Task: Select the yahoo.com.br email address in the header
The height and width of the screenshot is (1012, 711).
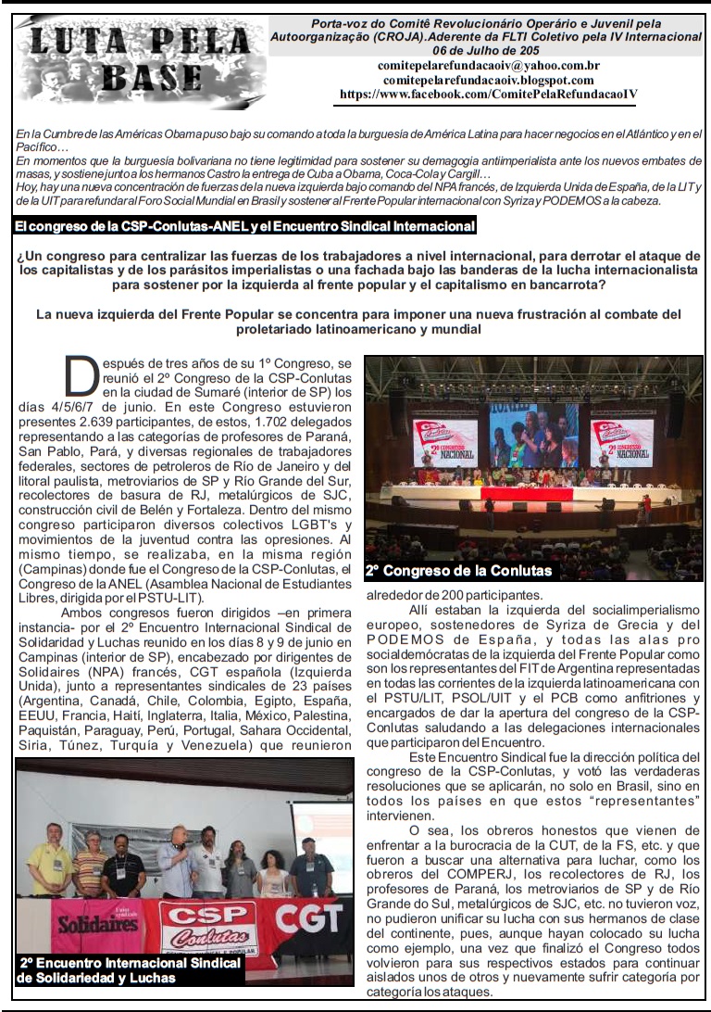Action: click(489, 66)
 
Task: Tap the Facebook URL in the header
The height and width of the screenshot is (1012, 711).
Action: click(489, 94)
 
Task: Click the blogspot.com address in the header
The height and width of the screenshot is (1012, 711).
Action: click(489, 80)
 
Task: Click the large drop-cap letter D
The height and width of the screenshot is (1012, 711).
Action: click(81, 375)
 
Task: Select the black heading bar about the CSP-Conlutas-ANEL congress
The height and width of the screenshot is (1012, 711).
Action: click(245, 225)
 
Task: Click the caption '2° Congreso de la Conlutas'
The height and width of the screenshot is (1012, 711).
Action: click(459, 570)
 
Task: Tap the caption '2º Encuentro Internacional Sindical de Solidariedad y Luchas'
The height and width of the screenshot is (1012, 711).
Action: click(130, 970)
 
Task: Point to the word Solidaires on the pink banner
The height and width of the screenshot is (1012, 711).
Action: click(97, 923)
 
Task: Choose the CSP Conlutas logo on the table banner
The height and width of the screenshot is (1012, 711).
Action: click(207, 923)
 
